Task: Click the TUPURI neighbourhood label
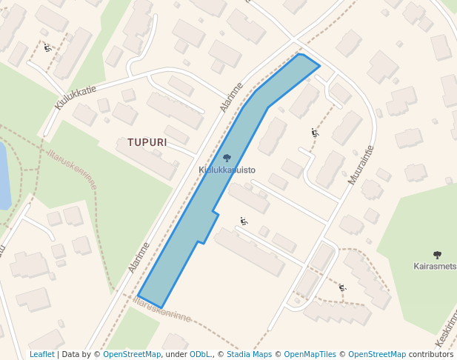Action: click(147, 141)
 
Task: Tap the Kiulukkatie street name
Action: click(76, 98)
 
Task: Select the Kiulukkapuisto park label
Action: click(227, 170)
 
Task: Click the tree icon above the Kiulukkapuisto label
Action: click(227, 158)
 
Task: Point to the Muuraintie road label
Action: click(361, 164)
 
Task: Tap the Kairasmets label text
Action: click(435, 266)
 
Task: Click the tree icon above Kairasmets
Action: click(437, 255)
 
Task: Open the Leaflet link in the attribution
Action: click(42, 354)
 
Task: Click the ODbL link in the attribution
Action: click(200, 354)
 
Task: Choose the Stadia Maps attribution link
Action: click(249, 354)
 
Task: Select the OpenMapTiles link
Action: click(310, 354)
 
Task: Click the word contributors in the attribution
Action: click(432, 354)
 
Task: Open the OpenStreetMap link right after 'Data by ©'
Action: click(131, 354)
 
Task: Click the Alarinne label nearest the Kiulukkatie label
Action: click(231, 97)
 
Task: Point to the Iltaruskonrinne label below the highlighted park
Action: click(162, 310)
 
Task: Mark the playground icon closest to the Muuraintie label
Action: click(315, 133)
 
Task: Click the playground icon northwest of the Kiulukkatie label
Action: click(47, 47)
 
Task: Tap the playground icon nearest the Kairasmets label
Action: click(342, 287)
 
